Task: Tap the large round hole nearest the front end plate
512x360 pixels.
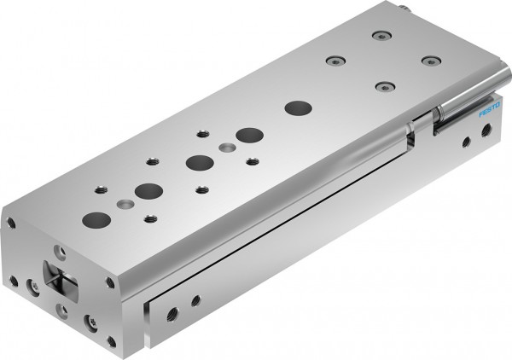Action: (91, 219)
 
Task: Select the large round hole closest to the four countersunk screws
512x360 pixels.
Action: (298, 107)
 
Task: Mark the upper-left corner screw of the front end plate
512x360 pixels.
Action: (11, 223)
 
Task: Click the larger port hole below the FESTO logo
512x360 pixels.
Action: (486, 130)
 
